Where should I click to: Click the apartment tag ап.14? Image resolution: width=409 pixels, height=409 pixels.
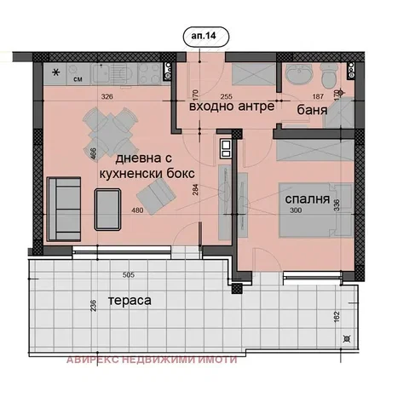coord(204,38)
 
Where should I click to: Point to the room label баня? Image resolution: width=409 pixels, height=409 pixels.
coord(314,111)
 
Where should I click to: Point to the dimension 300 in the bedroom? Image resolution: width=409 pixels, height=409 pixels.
coord(296,210)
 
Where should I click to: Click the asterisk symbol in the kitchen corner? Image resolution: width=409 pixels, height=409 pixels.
coord(56,72)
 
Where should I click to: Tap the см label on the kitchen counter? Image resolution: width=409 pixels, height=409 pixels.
coord(77,80)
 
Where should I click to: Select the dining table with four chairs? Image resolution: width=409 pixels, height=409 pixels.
coord(106,130)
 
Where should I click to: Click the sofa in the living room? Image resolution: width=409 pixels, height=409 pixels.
coord(61,206)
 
